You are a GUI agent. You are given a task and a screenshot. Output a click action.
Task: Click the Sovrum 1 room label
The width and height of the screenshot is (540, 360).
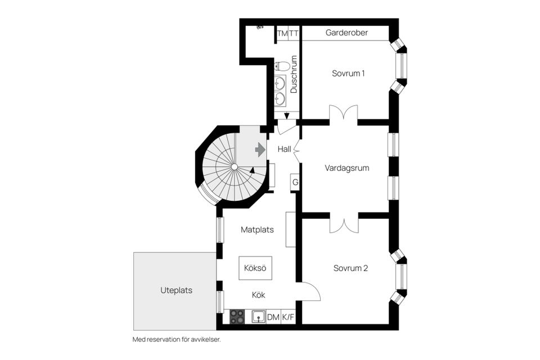point(348,73)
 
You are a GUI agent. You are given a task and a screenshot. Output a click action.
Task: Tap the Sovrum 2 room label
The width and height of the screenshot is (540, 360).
point(350,268)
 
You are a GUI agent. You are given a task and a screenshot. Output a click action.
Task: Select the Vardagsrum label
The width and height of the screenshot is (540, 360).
point(346,168)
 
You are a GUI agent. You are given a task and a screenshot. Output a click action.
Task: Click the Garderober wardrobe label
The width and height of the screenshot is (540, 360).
point(346,33)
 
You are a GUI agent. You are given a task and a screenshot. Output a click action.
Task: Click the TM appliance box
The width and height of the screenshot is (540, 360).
point(282,34)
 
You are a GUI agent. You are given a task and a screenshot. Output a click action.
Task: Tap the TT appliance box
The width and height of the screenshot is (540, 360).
point(294,34)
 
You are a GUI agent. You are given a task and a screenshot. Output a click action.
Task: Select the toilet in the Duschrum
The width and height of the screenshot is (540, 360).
point(282,66)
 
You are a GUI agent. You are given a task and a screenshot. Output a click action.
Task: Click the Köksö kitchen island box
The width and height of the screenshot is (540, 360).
point(255,268)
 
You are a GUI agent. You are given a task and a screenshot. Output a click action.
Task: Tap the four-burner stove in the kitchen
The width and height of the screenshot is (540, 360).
point(237,317)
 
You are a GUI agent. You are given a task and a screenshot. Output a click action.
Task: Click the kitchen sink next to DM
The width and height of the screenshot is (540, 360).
point(258,317)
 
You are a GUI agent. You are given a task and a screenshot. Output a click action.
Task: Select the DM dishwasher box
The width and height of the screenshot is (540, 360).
point(273,317)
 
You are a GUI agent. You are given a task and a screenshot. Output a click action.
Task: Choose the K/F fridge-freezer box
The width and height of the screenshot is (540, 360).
point(288,317)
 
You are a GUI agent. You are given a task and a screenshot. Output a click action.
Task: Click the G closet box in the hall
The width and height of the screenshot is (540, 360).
point(295,182)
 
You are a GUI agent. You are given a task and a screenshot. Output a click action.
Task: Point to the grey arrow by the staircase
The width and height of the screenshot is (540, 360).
point(260,150)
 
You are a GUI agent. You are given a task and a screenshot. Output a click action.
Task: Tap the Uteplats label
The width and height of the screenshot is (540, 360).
point(176,291)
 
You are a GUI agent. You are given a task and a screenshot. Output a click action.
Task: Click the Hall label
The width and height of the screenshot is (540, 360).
point(284,150)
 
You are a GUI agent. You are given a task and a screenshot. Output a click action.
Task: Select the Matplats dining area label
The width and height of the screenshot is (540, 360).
point(257,229)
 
